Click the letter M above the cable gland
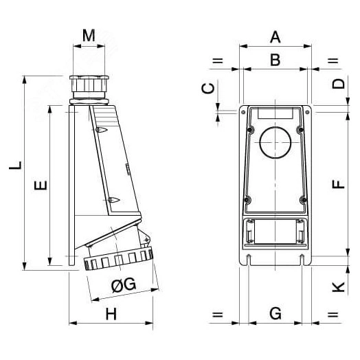(89, 35)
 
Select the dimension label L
(15, 165)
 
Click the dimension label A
(275, 36)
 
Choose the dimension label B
(275, 60)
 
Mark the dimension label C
(210, 87)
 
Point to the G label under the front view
(275, 314)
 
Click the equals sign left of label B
(217, 61)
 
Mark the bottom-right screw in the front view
(302, 200)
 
